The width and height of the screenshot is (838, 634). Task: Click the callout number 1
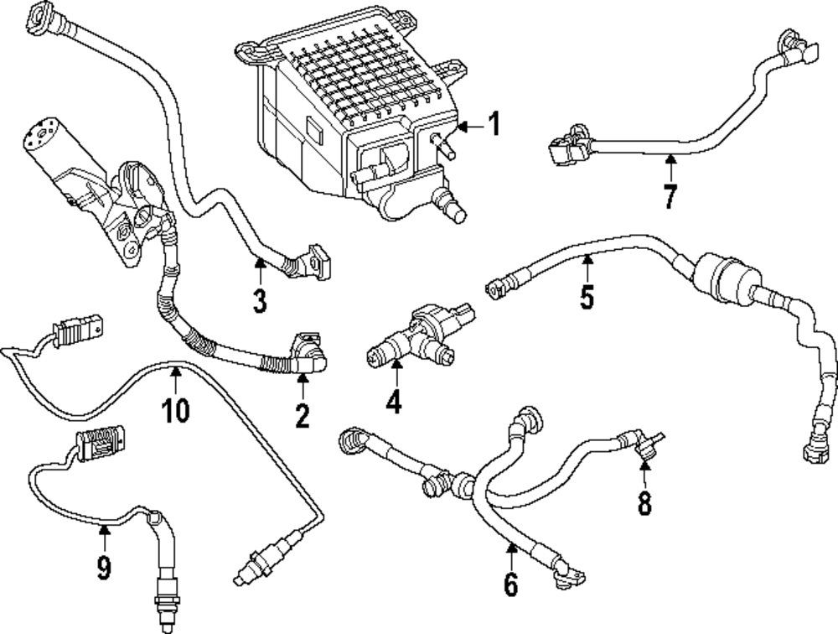pyautogui.click(x=494, y=125)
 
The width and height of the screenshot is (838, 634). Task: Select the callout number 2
pyautogui.click(x=302, y=413)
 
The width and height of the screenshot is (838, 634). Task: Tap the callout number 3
pyautogui.click(x=260, y=299)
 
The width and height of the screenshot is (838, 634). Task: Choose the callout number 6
pyautogui.click(x=511, y=583)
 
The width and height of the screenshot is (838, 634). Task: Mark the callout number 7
pyautogui.click(x=669, y=197)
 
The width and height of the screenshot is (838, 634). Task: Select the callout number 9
pyautogui.click(x=103, y=569)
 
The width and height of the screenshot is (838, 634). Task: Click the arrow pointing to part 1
pyautogui.click(x=469, y=127)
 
